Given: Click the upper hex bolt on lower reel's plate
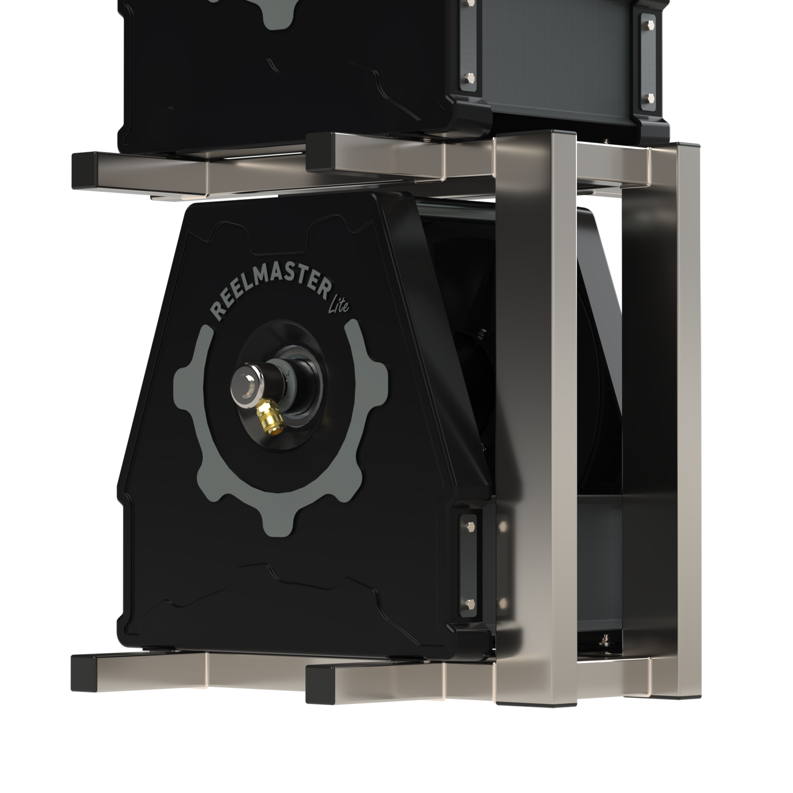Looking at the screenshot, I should pos(469,525).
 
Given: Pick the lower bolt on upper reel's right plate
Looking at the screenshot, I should pos(651,98).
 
